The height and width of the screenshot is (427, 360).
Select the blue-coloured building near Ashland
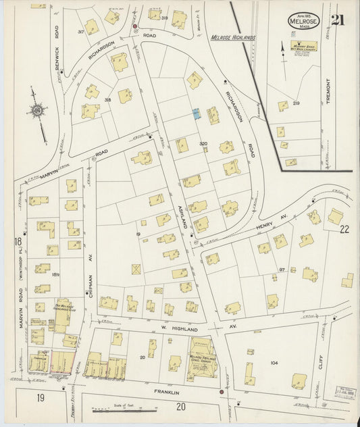[x=197, y=115]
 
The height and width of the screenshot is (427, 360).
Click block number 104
[x=274, y=363]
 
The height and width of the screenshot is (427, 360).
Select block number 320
[x=203, y=145]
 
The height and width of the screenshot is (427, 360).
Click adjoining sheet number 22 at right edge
[x=344, y=229]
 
